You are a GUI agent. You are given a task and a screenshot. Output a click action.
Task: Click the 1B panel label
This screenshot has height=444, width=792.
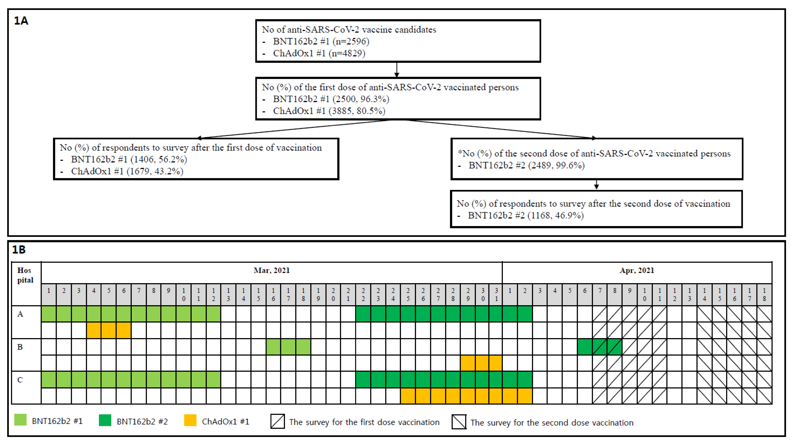[19, 250]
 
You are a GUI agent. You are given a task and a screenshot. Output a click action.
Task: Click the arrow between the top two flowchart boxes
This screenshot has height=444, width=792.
[397, 70]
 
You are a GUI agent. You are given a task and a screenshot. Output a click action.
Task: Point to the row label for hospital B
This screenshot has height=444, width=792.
[20, 347]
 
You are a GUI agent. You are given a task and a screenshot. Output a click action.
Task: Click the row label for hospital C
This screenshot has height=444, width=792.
[20, 380]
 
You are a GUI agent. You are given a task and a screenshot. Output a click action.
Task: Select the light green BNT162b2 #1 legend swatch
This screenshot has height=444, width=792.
[20, 420]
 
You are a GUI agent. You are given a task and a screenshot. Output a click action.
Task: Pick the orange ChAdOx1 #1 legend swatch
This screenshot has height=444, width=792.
[190, 420]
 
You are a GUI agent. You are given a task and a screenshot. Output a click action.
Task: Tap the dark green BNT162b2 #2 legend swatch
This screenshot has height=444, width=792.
[105, 420]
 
